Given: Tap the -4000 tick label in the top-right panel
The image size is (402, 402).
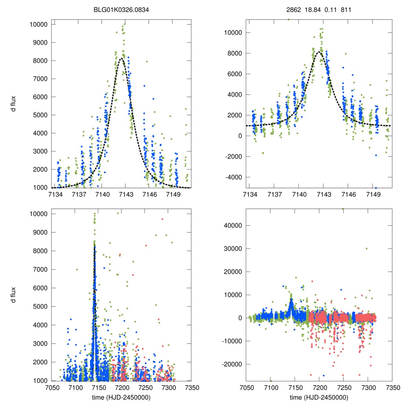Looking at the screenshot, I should pyautogui.click(x=234, y=177).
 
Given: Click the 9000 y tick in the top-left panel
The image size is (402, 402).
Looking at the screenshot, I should pyautogui.click(x=39, y=42).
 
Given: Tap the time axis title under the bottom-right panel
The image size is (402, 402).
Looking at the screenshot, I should pyautogui.click(x=319, y=397).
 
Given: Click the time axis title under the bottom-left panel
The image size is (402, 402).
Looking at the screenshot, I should pyautogui.click(x=122, y=397).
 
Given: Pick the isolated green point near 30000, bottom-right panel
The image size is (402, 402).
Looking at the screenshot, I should pyautogui.click(x=367, y=249).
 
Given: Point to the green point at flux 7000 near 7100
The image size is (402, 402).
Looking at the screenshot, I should pyautogui.click(x=77, y=269).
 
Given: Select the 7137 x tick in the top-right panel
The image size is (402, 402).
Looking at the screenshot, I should pyautogui.click(x=274, y=194).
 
